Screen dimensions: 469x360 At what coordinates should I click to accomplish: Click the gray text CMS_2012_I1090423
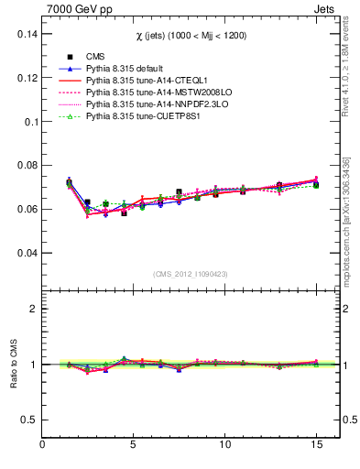pyautogui.click(x=191, y=274)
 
